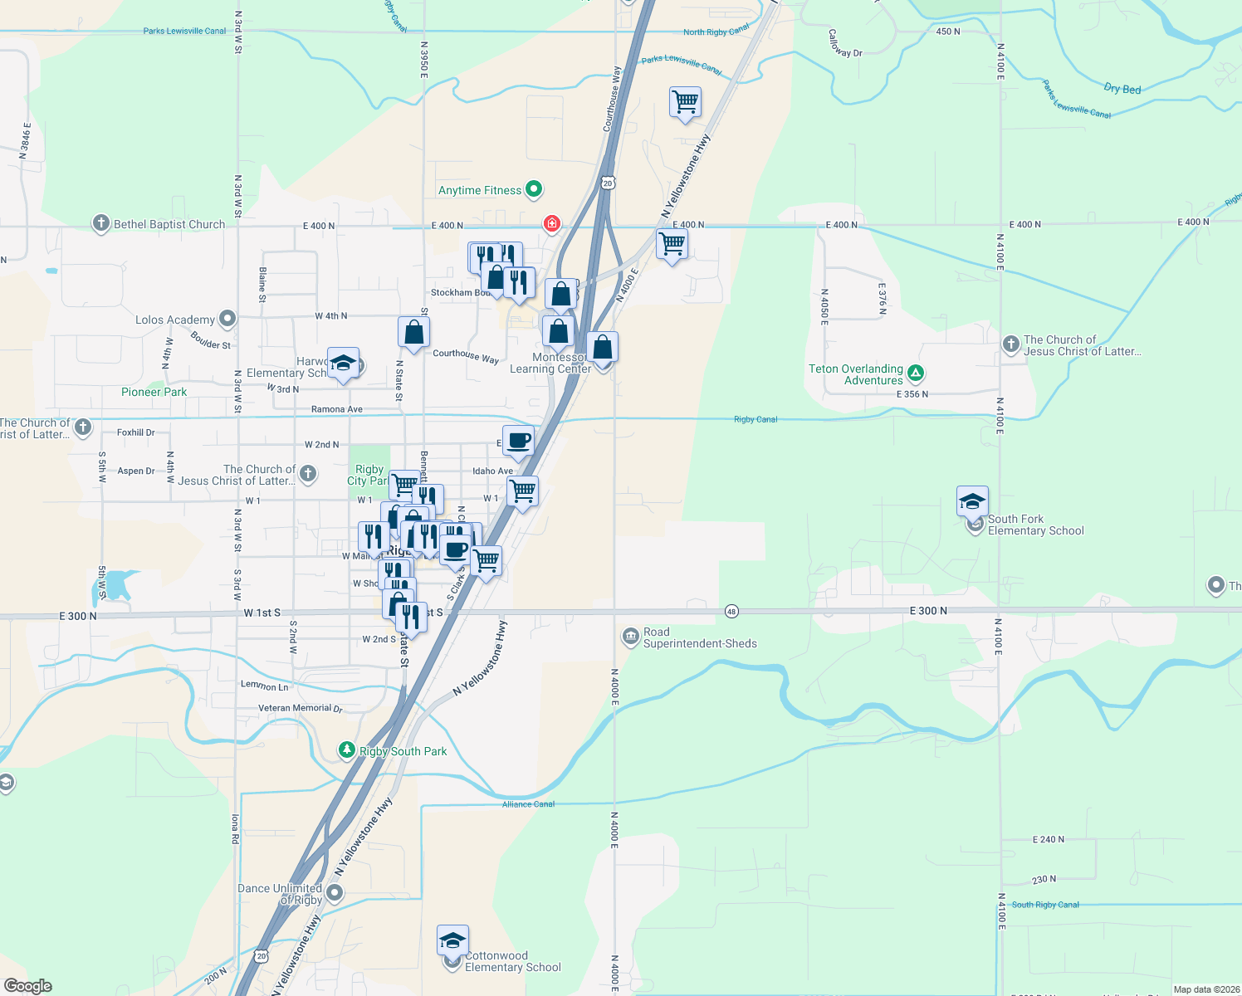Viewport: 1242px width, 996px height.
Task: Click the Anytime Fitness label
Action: point(480,190)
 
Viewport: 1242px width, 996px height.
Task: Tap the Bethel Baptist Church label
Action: point(169,224)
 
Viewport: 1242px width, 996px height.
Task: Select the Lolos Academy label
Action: point(175,320)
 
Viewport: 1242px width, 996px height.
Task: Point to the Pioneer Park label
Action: point(154,392)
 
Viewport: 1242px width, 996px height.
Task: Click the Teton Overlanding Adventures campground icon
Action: point(915,373)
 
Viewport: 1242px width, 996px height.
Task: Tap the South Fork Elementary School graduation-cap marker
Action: point(972,501)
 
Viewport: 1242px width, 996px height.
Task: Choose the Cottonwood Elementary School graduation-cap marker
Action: point(452,940)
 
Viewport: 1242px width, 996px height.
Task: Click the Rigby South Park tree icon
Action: point(347,750)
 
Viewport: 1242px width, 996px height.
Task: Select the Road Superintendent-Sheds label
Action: point(700,637)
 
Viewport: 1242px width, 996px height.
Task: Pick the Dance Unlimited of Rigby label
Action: point(280,894)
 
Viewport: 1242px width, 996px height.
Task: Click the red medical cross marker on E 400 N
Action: point(551,223)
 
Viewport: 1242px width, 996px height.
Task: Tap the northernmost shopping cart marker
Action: point(685,103)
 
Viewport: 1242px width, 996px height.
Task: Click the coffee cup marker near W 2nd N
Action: point(518,441)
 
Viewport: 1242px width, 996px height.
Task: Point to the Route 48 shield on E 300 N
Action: point(731,611)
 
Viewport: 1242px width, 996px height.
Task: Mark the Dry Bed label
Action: point(1122,89)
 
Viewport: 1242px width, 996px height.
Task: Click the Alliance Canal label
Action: point(528,804)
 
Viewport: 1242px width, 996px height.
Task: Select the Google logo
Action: point(27,986)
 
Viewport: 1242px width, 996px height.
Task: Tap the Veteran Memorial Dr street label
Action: point(300,708)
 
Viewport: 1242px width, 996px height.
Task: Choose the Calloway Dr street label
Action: point(845,43)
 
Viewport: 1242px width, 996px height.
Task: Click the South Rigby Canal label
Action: point(1045,905)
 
